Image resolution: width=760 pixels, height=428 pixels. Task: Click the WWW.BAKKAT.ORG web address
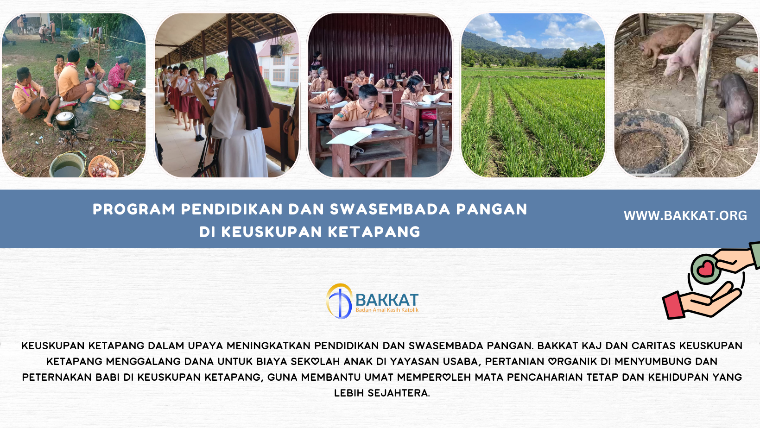pos(685,215)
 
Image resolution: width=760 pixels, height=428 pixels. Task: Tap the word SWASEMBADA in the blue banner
pos(390,209)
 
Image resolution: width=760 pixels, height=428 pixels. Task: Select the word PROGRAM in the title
pos(134,209)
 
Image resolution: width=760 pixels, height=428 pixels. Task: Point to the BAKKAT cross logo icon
pos(339,301)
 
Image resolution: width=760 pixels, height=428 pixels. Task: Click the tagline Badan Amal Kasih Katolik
pos(387,310)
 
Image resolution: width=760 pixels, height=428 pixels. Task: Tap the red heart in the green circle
pos(705,268)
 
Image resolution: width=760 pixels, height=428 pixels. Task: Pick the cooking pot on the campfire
pos(65,120)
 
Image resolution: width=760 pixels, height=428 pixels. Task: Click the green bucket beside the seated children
pos(115,101)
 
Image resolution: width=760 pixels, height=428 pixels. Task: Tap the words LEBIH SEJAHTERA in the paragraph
pos(382,393)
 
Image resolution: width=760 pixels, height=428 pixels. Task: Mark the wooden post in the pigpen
pos(703,69)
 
